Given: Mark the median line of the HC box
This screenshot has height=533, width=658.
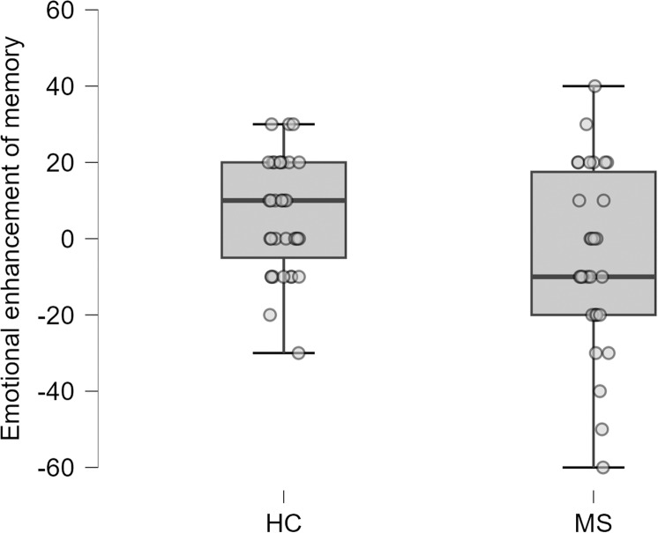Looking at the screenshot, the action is coord(283,200).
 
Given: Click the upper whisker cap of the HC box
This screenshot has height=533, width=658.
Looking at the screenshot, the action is coord(283,124).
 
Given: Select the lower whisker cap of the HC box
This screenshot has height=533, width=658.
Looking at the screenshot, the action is coord(283,352).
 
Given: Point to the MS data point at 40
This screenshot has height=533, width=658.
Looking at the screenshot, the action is coord(594,86).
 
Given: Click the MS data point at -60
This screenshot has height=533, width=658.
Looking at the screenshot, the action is coord(602,467).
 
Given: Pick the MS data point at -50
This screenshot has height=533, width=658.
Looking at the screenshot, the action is coord(602,429).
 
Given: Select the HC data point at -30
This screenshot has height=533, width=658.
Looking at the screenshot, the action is coord(298,352).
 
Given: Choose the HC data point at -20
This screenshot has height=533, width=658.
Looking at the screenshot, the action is coord(270,315).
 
